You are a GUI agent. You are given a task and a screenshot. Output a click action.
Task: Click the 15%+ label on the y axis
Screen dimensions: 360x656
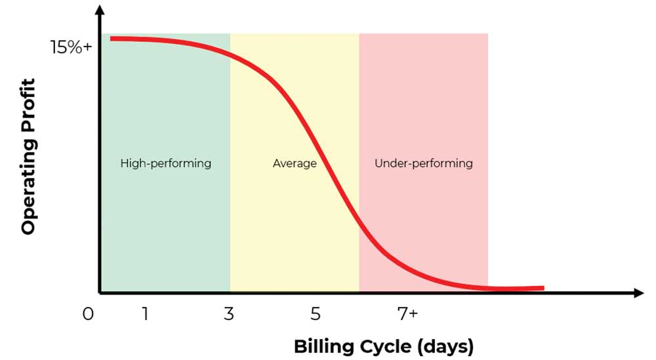[x=71, y=48]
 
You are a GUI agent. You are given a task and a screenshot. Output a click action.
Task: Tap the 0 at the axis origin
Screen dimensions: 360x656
[x=88, y=314]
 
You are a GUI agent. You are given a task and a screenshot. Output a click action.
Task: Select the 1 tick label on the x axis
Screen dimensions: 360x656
[x=144, y=314]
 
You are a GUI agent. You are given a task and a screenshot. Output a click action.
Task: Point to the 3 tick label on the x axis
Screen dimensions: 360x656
[x=228, y=314]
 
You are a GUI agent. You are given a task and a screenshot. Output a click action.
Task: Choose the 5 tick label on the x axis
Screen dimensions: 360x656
[x=316, y=314]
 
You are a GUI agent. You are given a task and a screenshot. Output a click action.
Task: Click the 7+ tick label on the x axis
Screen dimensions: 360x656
[x=407, y=314]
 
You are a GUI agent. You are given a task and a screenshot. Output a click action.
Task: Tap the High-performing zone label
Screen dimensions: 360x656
[x=165, y=163]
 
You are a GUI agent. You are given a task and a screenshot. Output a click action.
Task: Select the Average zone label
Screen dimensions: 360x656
[x=295, y=163]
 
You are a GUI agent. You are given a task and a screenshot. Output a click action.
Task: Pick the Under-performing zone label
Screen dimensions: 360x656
[x=423, y=163]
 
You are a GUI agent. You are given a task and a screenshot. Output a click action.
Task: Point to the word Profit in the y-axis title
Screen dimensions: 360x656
[x=28, y=105]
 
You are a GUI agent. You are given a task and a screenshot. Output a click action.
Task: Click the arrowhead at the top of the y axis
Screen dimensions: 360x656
[x=100, y=10]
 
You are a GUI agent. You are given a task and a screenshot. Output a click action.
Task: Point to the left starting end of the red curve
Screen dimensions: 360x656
[x=112, y=39]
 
